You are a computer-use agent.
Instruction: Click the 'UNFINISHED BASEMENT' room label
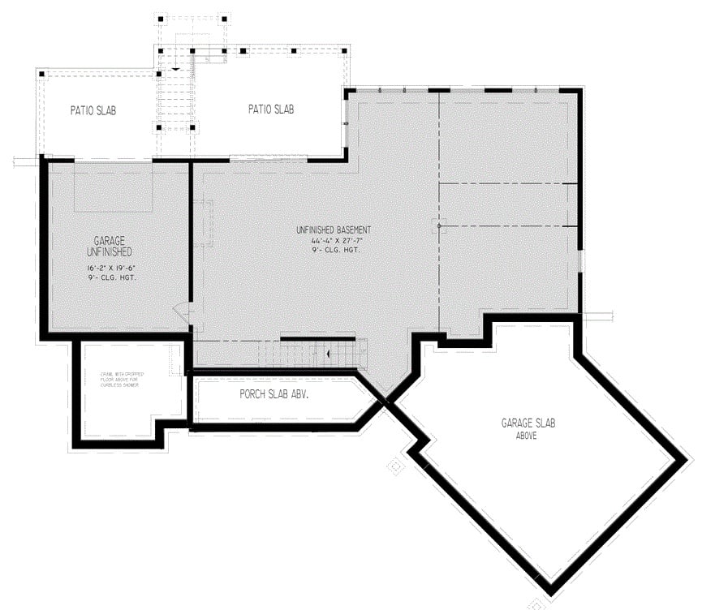point(334,230)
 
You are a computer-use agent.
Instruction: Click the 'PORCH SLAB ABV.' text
point(274,395)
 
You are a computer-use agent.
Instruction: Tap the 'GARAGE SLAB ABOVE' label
point(528,428)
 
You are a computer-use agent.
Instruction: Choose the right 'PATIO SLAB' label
point(271,109)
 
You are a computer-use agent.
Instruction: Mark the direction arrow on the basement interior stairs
point(329,354)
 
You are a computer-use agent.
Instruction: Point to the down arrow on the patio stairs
point(175,70)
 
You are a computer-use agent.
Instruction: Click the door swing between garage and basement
point(182,312)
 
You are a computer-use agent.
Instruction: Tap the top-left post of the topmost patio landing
point(161,18)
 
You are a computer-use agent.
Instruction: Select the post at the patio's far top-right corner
point(345,51)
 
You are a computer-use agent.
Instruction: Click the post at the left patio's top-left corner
point(41,75)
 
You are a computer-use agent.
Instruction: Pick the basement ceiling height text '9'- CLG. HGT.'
point(334,250)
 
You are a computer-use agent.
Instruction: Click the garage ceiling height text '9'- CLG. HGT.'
point(113,277)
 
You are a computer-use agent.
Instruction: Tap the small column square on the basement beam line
point(439,226)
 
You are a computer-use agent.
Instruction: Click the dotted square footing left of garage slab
point(395,466)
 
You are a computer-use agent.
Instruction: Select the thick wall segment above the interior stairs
point(317,338)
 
